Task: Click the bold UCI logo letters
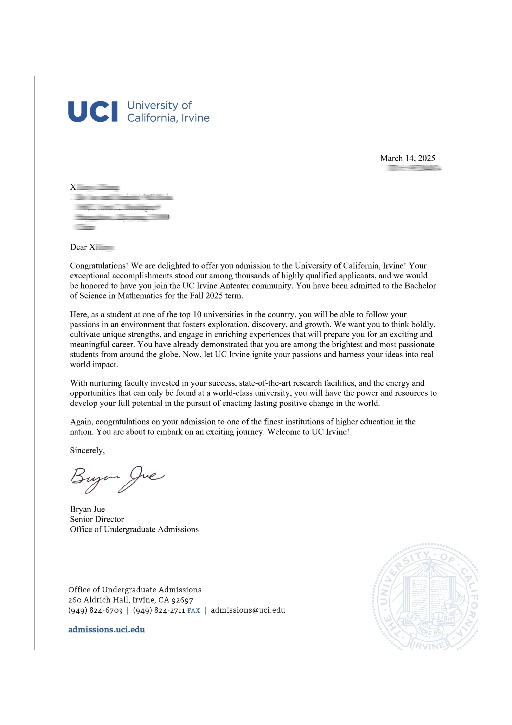(x=93, y=111)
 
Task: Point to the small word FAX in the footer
(x=194, y=611)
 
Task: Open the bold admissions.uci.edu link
(x=107, y=630)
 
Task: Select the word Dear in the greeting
(x=78, y=247)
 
